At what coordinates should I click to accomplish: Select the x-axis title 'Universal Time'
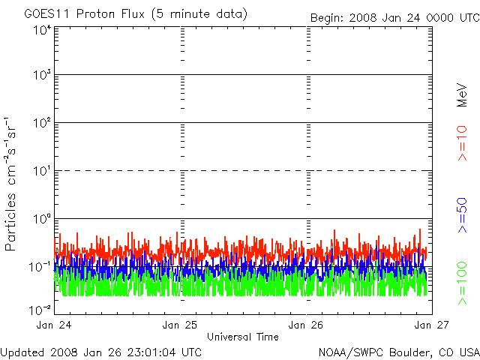click(x=243, y=337)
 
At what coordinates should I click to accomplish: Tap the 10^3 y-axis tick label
click(x=41, y=75)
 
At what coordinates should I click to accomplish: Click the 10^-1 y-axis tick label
click(x=41, y=266)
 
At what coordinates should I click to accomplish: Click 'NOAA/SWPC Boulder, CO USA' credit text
click(x=398, y=352)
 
